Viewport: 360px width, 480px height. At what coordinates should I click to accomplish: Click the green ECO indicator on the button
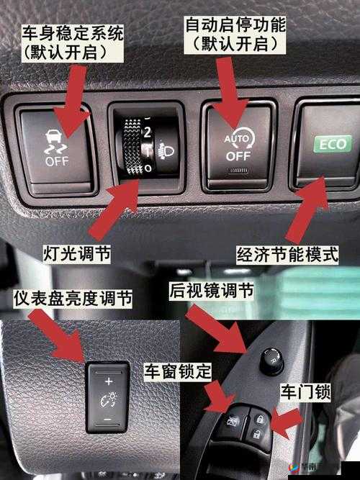click(333, 144)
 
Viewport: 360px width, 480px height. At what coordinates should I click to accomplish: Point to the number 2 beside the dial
click(147, 132)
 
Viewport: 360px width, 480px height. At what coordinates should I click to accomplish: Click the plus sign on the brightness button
click(108, 380)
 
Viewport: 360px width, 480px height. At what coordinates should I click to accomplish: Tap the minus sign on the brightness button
click(108, 418)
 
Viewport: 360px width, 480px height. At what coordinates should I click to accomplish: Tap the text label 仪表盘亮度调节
click(73, 298)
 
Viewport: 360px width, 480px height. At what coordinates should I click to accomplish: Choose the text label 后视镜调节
click(211, 291)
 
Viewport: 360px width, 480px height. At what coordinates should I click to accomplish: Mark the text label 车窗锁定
click(178, 372)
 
